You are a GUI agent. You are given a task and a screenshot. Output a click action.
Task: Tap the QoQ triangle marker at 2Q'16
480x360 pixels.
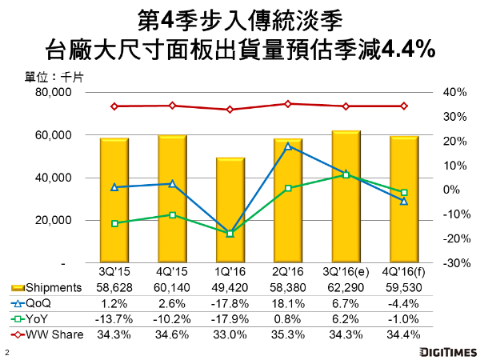tap(288, 146)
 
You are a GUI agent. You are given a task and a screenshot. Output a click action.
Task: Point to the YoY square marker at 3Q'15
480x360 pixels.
tap(114, 223)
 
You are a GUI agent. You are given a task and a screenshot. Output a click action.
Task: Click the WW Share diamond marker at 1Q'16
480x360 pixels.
tap(230, 110)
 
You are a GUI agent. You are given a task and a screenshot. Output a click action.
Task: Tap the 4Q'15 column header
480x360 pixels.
tap(172, 272)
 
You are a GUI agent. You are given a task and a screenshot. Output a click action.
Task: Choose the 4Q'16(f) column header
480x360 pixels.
tap(403, 272)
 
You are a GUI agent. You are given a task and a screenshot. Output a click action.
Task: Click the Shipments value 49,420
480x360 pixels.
tap(230, 287)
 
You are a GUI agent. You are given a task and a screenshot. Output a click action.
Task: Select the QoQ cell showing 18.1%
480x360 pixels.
tap(288, 302)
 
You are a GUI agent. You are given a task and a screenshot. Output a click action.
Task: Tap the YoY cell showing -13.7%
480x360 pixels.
tap(114, 318)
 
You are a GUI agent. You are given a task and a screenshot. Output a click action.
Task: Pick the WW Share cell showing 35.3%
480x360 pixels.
tap(288, 333)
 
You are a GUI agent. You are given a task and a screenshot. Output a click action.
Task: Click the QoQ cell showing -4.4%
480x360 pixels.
tap(403, 302)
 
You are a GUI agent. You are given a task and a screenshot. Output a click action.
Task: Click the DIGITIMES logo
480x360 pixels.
tap(439, 351)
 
